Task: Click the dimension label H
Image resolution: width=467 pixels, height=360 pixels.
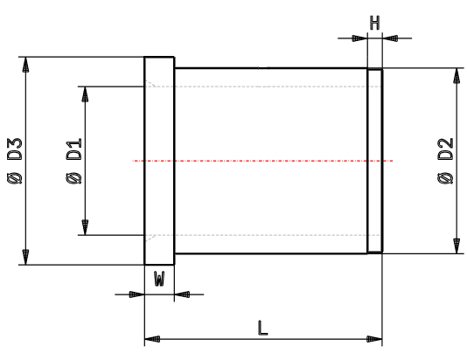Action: (x=373, y=21)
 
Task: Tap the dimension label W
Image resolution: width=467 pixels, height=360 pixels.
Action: (x=159, y=279)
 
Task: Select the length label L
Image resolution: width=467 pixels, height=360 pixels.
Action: (x=262, y=328)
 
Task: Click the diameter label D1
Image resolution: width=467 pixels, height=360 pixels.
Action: (x=74, y=150)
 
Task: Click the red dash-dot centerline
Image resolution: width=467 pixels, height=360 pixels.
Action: (x=262, y=161)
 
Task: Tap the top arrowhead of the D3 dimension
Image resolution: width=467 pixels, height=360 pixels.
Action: (x=26, y=65)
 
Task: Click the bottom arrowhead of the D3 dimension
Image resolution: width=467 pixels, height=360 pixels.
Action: (x=26, y=257)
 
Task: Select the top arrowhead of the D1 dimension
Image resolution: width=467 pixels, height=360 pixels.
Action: (x=84, y=93)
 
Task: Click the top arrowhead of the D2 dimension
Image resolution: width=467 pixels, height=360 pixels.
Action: (x=456, y=76)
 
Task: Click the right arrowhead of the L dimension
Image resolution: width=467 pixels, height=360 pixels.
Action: (x=375, y=338)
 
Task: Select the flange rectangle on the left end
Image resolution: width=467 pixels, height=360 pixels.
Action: (x=159, y=161)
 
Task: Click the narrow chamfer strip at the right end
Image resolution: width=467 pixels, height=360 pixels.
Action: (x=374, y=161)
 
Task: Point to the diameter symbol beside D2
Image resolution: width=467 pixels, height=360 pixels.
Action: (x=444, y=179)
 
